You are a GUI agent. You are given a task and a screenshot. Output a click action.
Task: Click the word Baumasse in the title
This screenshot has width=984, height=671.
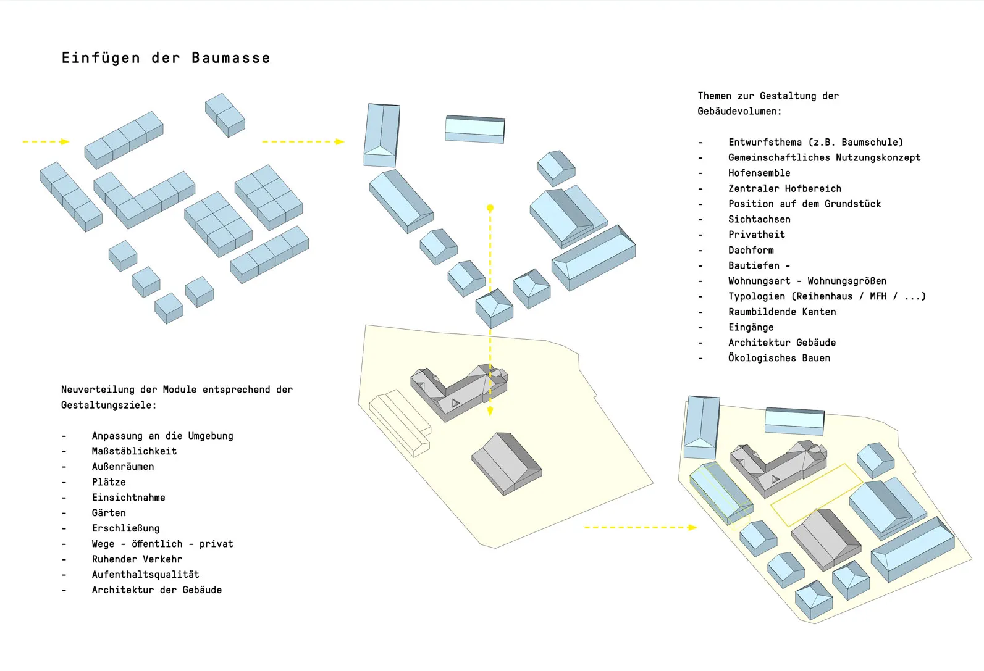(230, 58)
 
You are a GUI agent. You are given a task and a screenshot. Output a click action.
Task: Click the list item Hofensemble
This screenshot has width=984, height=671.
(759, 173)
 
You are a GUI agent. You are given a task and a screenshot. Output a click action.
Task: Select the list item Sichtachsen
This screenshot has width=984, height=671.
(759, 219)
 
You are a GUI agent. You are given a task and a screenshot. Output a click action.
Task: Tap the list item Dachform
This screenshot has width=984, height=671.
(751, 250)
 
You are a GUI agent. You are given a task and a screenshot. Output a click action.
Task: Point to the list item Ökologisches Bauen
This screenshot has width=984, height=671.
(779, 358)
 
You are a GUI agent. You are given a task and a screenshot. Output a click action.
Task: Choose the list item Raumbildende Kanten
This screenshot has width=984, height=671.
(782, 312)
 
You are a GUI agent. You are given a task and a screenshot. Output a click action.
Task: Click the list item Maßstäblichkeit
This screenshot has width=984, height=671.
(134, 451)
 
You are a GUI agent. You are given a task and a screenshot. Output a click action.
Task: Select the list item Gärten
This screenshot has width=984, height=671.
(109, 513)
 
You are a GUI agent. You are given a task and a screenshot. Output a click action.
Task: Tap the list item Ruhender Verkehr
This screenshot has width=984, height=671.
(137, 559)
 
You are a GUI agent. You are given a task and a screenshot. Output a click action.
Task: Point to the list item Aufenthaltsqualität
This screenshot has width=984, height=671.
(145, 575)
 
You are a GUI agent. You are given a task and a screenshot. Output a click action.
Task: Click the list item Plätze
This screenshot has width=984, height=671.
(109, 482)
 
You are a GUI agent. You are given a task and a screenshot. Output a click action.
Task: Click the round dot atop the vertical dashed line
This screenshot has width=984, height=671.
(490, 208)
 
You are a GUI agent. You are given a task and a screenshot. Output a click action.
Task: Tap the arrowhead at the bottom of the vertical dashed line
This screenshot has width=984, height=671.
(490, 411)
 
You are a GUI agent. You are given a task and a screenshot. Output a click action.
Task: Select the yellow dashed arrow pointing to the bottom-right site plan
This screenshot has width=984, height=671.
(639, 527)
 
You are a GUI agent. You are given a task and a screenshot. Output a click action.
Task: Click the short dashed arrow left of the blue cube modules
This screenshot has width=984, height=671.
(46, 142)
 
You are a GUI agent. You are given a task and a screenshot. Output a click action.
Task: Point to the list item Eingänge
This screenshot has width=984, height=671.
(751, 327)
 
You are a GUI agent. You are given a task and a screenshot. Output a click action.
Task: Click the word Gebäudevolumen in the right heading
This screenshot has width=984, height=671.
(738, 111)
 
